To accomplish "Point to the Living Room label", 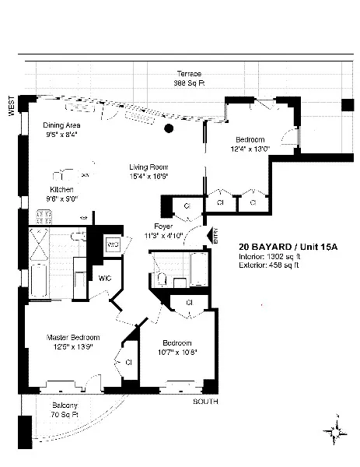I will (x=149, y=167).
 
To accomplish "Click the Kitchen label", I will (x=62, y=189).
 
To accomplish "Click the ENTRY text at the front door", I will (x=215, y=234).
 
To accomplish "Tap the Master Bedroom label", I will (x=70, y=337).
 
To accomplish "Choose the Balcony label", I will (x=65, y=406).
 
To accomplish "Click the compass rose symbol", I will (x=336, y=428).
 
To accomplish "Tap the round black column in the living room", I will (x=168, y=129).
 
